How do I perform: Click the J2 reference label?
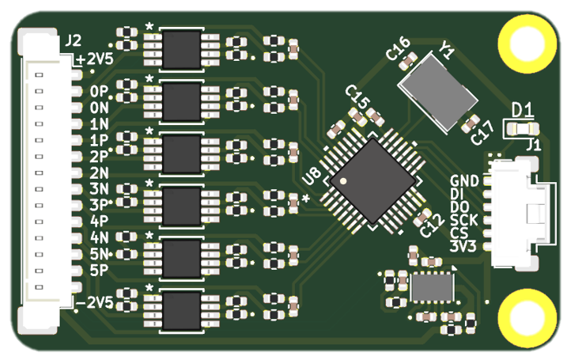(72, 40)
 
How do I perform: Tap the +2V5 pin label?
(95, 60)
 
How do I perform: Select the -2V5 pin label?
(96, 302)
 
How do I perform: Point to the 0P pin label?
(99, 93)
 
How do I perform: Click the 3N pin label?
(99, 188)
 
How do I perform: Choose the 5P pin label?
(99, 269)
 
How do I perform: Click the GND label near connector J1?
(463, 181)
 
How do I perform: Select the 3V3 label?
(463, 245)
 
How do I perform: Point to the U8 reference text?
(310, 181)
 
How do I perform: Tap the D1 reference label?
(522, 109)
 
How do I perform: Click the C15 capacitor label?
(357, 100)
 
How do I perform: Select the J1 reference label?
(534, 145)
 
